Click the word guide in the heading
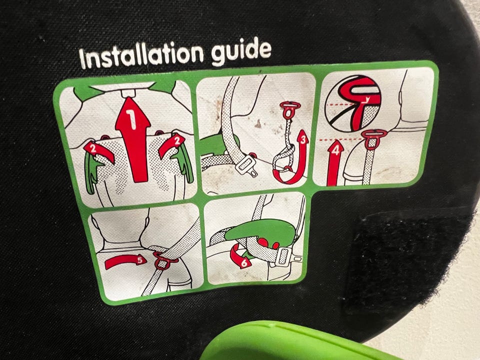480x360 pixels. pyautogui.click(x=241, y=51)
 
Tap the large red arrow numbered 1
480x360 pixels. pyautogui.click(x=132, y=139)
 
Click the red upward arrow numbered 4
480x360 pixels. pyautogui.click(x=335, y=162)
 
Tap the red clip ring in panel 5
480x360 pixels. pyautogui.click(x=164, y=260)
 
